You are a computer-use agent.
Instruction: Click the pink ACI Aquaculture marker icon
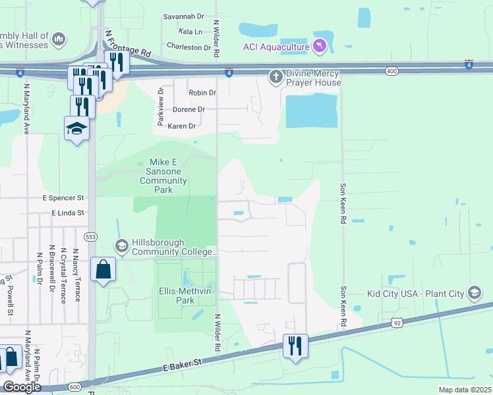pyautogui.click(x=320, y=45)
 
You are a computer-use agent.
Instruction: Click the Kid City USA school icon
pyautogui.click(x=474, y=293)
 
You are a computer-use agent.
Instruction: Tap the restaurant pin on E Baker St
pyautogui.click(x=295, y=345)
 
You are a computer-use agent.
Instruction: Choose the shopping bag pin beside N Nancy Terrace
pyautogui.click(x=103, y=270)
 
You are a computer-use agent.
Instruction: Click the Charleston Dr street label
pyautogui.click(x=188, y=47)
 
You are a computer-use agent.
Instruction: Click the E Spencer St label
pyautogui.click(x=63, y=197)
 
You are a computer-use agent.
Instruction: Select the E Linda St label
pyautogui.click(x=69, y=213)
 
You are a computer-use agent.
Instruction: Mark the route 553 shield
pyautogui.click(x=91, y=236)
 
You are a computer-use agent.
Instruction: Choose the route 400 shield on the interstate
pyautogui.click(x=392, y=70)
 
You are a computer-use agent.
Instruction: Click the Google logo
pyautogui.click(x=22, y=387)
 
